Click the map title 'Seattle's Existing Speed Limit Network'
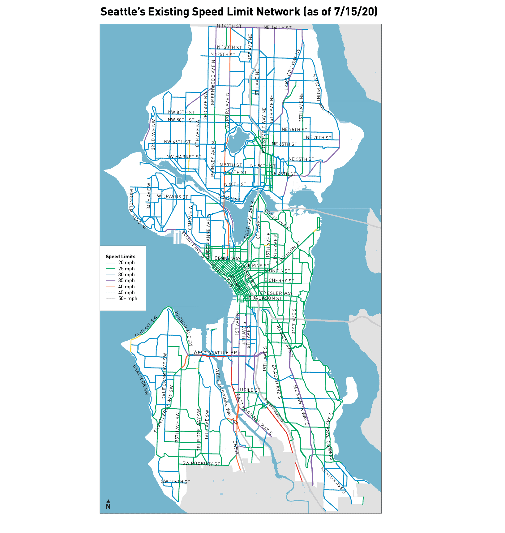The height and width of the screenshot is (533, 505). (239, 12)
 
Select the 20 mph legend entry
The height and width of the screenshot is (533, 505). (126, 263)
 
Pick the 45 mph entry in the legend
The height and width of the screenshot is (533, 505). (126, 293)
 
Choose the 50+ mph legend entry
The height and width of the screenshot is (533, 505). (127, 299)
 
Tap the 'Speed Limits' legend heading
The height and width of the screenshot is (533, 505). (120, 256)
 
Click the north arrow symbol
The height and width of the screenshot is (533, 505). (108, 505)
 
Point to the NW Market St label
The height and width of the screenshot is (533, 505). (184, 157)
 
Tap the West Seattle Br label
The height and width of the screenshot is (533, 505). (215, 353)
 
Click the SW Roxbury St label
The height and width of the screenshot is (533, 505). (201, 463)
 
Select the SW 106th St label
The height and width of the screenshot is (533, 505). (176, 482)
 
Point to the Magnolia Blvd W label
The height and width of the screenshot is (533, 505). (138, 209)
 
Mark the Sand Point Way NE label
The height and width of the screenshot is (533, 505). (322, 95)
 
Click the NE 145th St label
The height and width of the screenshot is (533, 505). (277, 28)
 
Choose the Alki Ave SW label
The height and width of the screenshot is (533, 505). (146, 326)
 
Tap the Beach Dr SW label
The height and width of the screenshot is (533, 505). (141, 380)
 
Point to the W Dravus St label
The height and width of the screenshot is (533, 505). (172, 196)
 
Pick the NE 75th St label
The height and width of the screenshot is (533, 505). (294, 130)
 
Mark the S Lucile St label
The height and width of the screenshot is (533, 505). (246, 390)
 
